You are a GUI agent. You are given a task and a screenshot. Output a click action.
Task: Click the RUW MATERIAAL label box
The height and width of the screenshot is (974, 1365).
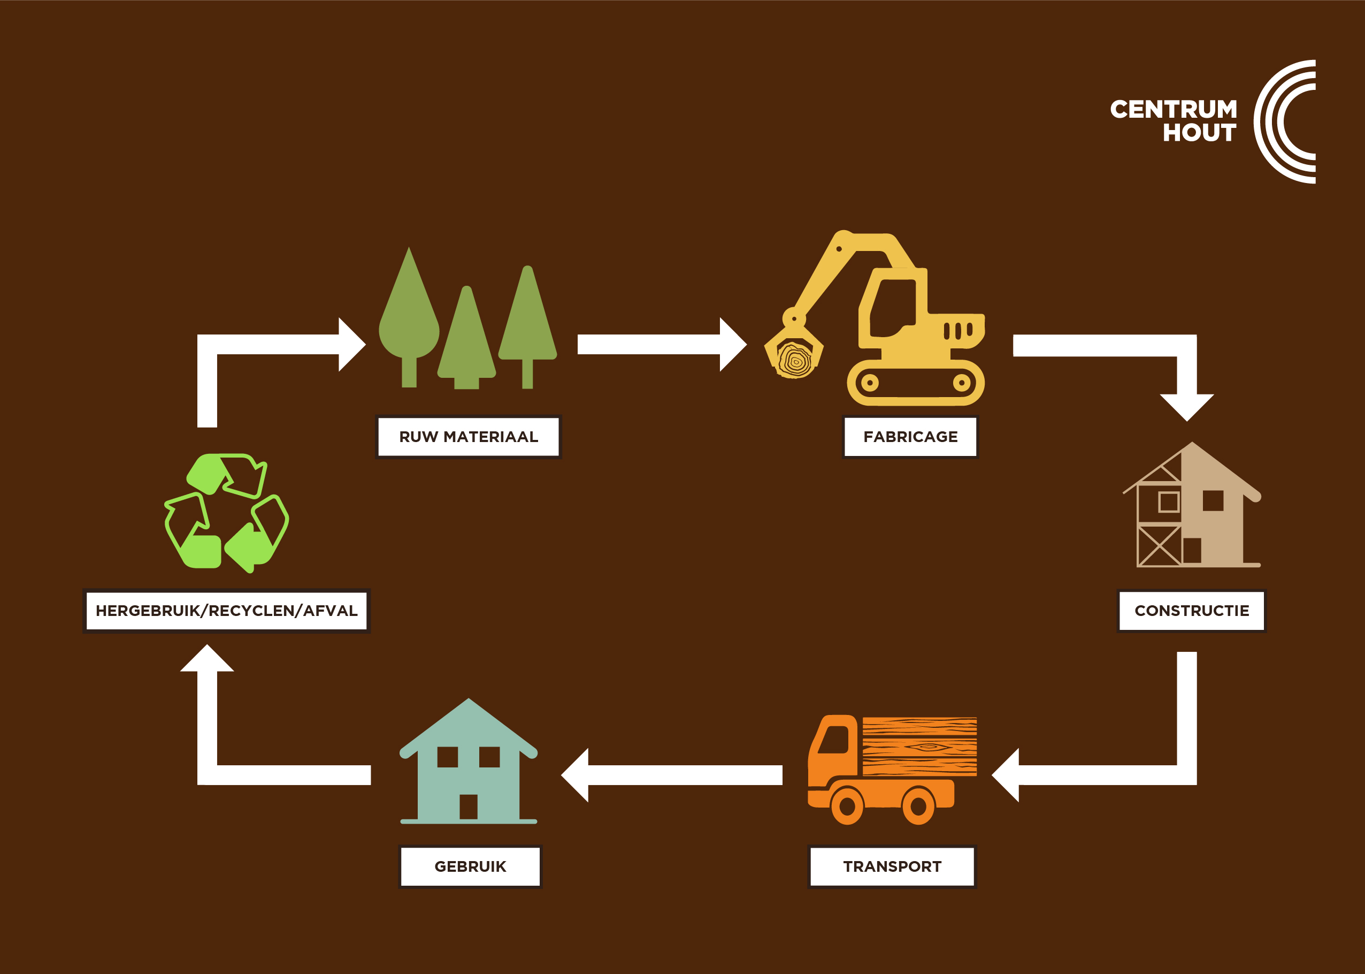point(468,437)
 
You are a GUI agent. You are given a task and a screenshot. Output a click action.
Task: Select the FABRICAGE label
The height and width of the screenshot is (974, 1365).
point(910,437)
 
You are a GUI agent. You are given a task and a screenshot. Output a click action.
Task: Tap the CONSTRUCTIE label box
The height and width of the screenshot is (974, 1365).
point(1191,611)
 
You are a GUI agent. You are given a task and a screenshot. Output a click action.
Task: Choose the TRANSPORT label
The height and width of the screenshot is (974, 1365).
point(892,866)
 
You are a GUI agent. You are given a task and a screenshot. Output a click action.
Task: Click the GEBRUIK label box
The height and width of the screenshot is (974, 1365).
point(470,866)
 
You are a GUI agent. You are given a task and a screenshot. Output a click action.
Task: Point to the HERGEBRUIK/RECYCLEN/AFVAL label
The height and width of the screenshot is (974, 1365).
point(227,611)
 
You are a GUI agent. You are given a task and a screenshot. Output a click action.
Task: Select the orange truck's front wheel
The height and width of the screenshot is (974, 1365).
point(847,806)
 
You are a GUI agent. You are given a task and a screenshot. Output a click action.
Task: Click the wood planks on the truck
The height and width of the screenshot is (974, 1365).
point(919,747)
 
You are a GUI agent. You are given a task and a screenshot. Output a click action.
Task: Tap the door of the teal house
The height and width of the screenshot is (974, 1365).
point(468,806)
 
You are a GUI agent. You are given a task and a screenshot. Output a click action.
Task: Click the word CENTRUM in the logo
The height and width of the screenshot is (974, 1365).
point(1173,109)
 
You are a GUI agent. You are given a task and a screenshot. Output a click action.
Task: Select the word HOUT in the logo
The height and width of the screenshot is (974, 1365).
point(1199,133)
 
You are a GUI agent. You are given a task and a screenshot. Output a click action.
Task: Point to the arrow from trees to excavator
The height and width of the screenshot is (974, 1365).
point(660,344)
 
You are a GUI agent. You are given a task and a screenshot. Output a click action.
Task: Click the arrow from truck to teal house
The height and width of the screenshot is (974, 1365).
point(671,775)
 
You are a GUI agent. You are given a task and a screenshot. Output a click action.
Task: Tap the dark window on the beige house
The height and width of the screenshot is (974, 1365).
point(1213,501)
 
